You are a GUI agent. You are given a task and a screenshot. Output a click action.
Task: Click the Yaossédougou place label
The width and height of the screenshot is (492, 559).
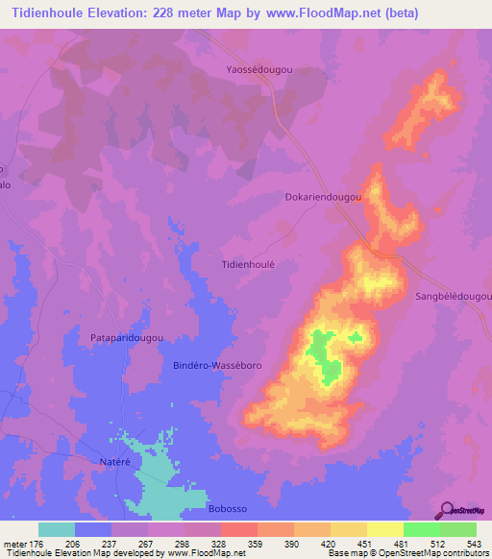pyautogui.click(x=258, y=70)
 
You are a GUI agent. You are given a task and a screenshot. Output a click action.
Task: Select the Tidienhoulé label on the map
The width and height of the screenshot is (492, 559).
pyautogui.click(x=249, y=263)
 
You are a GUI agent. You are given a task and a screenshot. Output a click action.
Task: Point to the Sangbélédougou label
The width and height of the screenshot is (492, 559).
pyautogui.click(x=453, y=298)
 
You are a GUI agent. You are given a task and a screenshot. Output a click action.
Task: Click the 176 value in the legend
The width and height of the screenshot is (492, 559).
pyautogui.click(x=37, y=544)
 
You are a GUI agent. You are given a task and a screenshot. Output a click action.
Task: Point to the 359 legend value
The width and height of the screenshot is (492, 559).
pyautogui.click(x=257, y=544)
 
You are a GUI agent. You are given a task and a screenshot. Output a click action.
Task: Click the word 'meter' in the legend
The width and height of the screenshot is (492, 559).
pyautogui.click(x=14, y=544)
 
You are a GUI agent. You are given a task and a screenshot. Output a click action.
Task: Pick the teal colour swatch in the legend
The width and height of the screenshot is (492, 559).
pyautogui.click(x=56, y=529)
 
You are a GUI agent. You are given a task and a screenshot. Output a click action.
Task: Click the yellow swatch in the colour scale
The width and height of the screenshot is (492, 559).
pyautogui.click(x=384, y=529)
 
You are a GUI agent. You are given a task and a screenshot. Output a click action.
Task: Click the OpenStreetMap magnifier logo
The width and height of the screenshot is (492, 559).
pyautogui.click(x=446, y=511)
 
